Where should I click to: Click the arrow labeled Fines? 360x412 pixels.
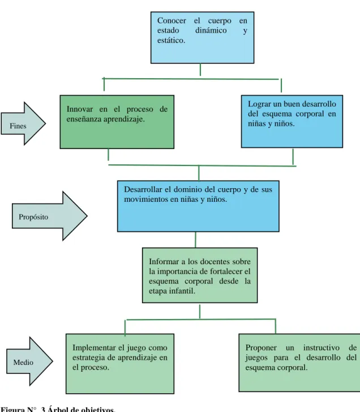coord(23,124)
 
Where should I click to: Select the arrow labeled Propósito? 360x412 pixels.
coord(50,216)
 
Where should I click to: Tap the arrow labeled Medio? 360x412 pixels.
coord(29,362)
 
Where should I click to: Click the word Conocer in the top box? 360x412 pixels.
coord(172,20)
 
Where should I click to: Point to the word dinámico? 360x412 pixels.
coord(211,31)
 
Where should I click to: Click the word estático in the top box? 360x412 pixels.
coord(171,40)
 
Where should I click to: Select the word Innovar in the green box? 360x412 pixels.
coord(79,109)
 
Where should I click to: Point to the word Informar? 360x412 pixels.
coord(164,262)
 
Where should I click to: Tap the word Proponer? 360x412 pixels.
coord(261,348)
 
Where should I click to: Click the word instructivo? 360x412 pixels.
coord(321,348)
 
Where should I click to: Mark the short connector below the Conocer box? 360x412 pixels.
coord(200,70)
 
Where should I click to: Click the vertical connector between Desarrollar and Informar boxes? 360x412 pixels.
coord(195,240)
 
